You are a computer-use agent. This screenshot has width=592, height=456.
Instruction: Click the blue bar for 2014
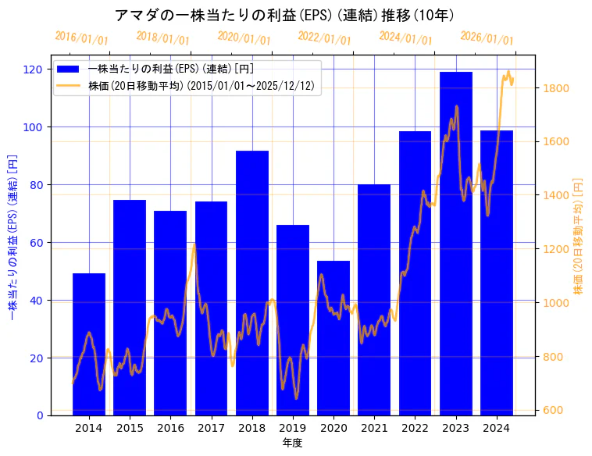89,344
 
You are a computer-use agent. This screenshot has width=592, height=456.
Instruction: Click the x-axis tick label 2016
170,428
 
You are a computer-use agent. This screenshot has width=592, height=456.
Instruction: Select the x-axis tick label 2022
415,428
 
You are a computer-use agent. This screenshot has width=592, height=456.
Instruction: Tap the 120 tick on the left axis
32,69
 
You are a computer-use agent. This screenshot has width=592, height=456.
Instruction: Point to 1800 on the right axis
555,88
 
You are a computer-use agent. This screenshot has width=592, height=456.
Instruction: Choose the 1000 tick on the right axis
555,303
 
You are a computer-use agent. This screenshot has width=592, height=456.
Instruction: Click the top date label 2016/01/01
82,38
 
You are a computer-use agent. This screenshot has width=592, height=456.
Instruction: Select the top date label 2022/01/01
325,38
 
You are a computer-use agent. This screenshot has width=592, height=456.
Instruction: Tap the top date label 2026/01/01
487,38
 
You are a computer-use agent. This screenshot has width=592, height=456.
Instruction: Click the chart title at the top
284,15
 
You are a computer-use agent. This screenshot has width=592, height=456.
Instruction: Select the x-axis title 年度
293,443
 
